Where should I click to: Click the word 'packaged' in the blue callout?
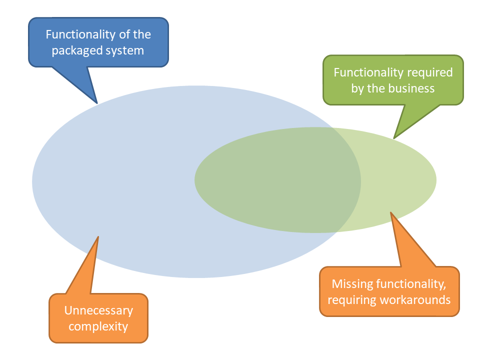click(75, 51)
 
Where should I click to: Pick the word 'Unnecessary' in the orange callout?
click(98, 310)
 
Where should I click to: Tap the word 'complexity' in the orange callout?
click(98, 327)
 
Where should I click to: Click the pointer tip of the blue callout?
click(97, 103)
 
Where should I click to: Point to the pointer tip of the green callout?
click(394, 138)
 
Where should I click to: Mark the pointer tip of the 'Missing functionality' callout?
click(391, 212)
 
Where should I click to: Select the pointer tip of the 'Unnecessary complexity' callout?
click(98, 236)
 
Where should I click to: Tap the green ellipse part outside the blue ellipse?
click(400, 180)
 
